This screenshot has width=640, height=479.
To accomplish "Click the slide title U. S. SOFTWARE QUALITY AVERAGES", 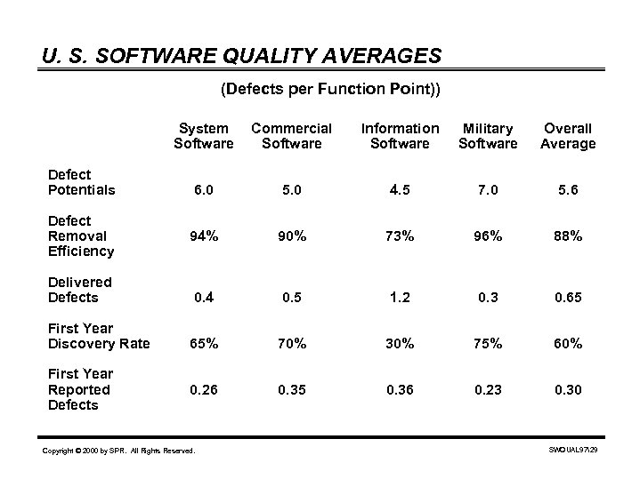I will tap(241, 57).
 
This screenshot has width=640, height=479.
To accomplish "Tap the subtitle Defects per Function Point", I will tap(329, 89).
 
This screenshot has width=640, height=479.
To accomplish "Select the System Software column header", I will tap(204, 136).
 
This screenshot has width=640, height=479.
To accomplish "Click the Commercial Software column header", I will tap(291, 136).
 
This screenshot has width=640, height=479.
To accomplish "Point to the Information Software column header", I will tap(400, 136).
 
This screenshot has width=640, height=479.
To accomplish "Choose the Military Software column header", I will tap(488, 136).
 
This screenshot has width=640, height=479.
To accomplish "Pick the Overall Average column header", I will tap(568, 136).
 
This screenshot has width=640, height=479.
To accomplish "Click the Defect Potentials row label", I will tap(82, 181).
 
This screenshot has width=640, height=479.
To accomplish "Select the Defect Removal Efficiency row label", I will tap(82, 236).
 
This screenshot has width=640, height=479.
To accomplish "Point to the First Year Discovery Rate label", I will tap(99, 336).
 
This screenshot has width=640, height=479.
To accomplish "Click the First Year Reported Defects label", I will tap(80, 389).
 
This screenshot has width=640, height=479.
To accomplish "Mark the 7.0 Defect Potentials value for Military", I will tap(488, 190).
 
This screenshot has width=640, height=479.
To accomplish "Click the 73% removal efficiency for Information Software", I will tap(400, 236).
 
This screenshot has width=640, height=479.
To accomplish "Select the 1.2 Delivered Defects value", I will tap(400, 298).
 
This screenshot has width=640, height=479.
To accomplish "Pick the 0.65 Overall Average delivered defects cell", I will tap(568, 298).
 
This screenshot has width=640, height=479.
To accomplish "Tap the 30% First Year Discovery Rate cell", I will tap(400, 344).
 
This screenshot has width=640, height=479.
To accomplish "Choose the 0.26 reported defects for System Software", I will tap(204, 389).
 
